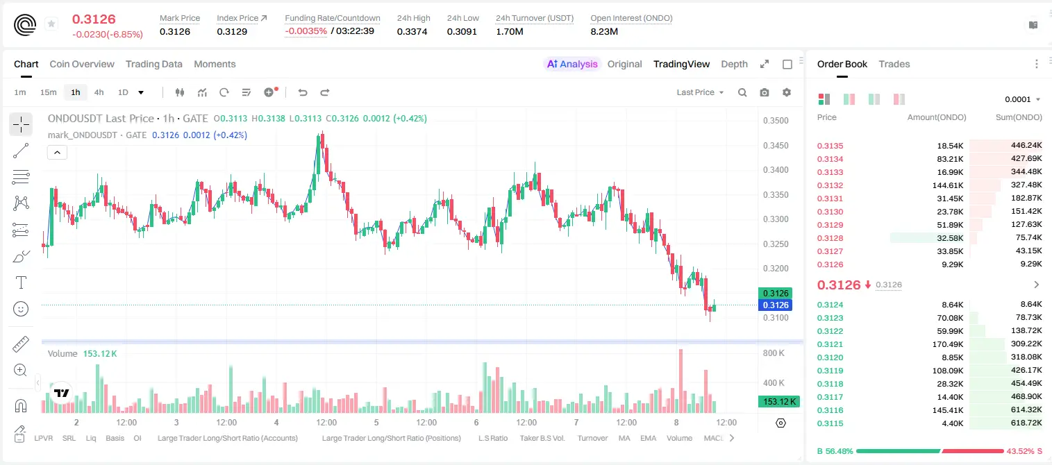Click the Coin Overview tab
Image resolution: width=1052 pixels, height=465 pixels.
[x=82, y=64]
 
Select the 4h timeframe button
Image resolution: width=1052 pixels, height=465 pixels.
[x=99, y=92]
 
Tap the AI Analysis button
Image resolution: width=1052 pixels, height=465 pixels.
[x=572, y=64]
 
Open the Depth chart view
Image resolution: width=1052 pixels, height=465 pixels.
[x=734, y=64]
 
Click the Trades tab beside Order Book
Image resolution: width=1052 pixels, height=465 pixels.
[x=894, y=64]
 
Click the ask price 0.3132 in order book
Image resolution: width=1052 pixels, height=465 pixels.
[x=830, y=185]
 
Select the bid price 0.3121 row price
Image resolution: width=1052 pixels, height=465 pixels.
[x=830, y=344]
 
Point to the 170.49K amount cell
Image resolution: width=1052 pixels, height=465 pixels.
[x=947, y=344]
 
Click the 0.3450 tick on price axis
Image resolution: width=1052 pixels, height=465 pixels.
[x=776, y=146]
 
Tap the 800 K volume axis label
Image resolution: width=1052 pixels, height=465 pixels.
[x=774, y=353]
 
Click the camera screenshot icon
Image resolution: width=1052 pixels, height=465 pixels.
[x=765, y=92]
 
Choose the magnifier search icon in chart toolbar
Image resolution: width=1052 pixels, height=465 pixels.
[x=742, y=92]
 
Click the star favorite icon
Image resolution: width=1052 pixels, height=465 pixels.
[x=51, y=24]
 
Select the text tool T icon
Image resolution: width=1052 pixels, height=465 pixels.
[x=21, y=282]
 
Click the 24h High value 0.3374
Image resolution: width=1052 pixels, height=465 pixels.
[x=412, y=31]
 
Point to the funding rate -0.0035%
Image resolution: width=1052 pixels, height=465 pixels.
[x=306, y=31]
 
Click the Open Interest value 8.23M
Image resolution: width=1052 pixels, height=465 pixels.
[x=604, y=31]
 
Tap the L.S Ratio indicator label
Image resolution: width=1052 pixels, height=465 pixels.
[x=492, y=438]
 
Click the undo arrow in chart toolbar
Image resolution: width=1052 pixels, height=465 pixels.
[x=303, y=92]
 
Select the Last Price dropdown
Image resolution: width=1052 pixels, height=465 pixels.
[x=700, y=92]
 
